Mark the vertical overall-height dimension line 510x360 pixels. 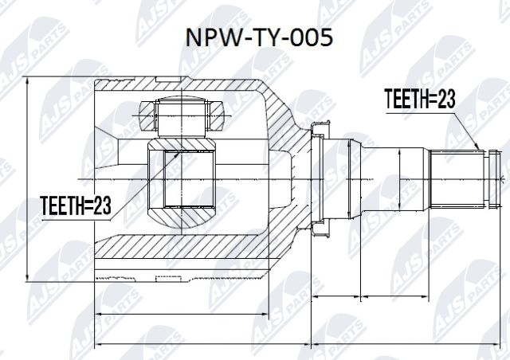pos(27,179)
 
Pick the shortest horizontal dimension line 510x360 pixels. pos(334,296)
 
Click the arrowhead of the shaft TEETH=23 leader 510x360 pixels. pos(479,149)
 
